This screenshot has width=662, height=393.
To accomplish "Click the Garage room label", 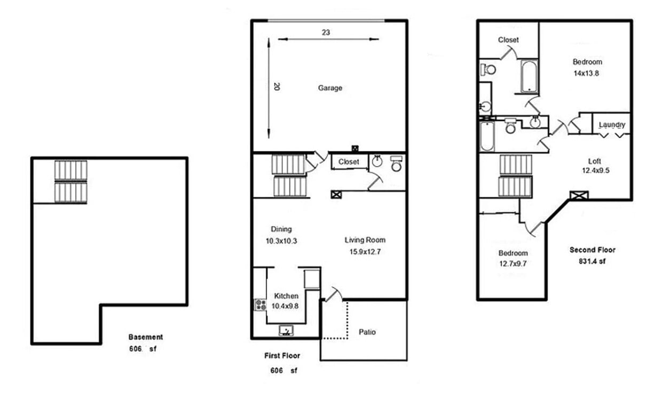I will click(330, 88).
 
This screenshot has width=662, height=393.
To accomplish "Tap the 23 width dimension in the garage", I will click(326, 33).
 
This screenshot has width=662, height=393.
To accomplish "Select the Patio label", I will click(367, 332).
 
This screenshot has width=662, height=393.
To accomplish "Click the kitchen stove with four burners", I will click(261, 305).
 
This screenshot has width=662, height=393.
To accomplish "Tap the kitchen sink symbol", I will click(286, 331).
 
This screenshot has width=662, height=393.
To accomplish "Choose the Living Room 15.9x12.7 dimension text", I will click(365, 252).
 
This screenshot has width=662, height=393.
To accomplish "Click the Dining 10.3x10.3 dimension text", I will click(281, 241).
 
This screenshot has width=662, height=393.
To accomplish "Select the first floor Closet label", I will click(349, 162).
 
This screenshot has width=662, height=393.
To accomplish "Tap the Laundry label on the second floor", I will click(612, 125).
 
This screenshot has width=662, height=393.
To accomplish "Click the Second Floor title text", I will click(592, 250).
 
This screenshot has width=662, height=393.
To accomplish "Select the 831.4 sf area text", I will click(592, 261).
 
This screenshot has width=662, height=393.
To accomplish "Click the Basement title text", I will click(145, 337).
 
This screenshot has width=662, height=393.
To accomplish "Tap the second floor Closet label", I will click(508, 39).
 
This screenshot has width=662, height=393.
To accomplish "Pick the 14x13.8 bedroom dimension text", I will click(586, 74).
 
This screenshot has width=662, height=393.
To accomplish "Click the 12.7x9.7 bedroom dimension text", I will click(513, 263).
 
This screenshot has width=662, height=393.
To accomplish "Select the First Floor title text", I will click(282, 356).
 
